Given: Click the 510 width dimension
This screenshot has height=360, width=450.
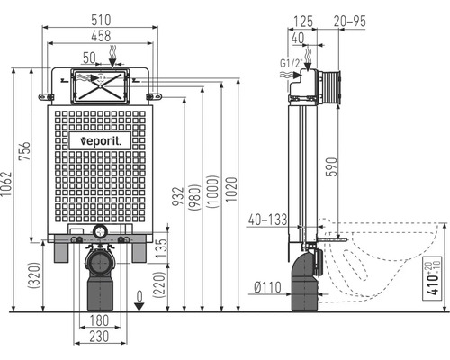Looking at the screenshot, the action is pos(101,20).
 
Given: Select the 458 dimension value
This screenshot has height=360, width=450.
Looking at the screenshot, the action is pos(101,36).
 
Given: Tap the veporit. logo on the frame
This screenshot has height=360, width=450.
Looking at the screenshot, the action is pos(101,140).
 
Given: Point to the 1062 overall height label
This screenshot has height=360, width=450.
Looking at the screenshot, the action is pos(5,184).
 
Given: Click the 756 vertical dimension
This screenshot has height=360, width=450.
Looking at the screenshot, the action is pos(24,151).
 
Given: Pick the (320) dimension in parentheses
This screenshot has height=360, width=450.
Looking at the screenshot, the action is pos(34,275).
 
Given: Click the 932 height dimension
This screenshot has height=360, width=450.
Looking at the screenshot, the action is pos(177,196).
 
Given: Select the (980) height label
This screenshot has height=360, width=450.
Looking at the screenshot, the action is pos(195,197).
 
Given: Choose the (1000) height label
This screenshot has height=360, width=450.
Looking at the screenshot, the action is pos(213,192).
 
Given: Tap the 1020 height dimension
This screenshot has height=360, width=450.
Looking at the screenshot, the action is pos(231,190).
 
